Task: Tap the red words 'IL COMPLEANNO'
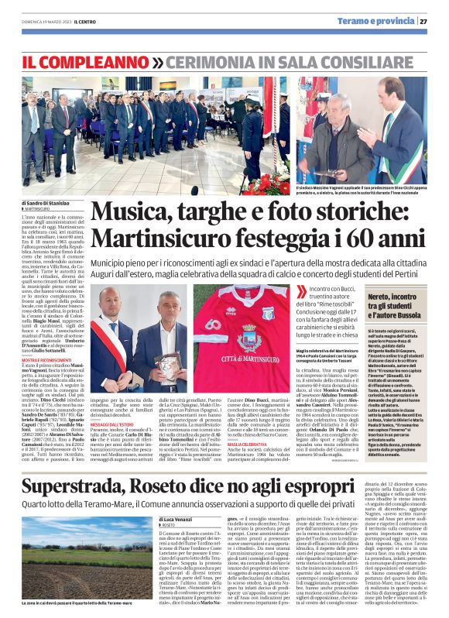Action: click(83, 59)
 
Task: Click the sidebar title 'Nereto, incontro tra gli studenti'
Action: click(398, 301)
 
